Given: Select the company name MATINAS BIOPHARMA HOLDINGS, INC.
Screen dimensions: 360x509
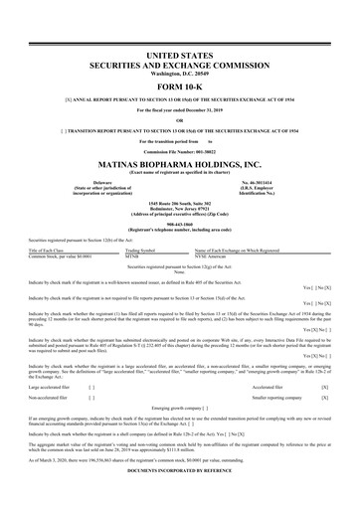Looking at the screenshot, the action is [180, 158].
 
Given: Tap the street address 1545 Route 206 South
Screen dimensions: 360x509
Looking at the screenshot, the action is [180, 201].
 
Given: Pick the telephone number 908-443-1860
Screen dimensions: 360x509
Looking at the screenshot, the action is [180, 224].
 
